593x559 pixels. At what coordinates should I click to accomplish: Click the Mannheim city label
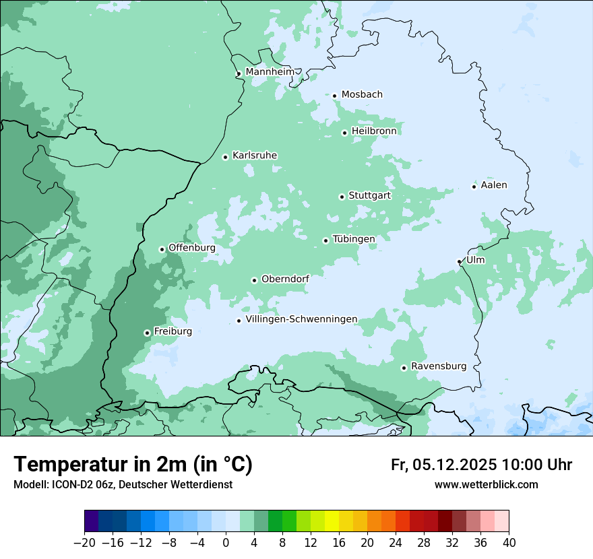[x=270, y=72]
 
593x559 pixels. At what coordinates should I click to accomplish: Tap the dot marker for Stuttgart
[x=342, y=197]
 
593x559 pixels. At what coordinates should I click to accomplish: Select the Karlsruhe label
[x=254, y=156]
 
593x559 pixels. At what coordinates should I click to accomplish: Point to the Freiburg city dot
[x=147, y=333]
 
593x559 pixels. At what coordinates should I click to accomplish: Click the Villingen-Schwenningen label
[x=301, y=319]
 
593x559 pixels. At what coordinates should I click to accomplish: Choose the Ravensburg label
[x=438, y=366]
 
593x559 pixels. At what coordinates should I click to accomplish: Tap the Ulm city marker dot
[x=460, y=261]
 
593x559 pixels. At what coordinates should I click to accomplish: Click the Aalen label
[x=493, y=185]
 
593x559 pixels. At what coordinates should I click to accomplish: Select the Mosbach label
[x=362, y=95]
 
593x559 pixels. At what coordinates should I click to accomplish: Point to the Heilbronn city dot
[x=344, y=133]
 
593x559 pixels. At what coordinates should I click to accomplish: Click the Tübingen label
[x=353, y=239]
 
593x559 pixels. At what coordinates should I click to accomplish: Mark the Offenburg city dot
[x=162, y=249]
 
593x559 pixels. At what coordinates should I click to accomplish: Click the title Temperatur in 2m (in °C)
[x=133, y=465]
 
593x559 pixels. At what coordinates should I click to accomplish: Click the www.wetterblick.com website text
[x=486, y=485]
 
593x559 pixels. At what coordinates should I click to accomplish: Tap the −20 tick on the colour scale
[x=85, y=543]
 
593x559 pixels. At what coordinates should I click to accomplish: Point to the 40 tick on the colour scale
[x=509, y=543]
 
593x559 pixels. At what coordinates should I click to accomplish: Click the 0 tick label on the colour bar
[x=226, y=543]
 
